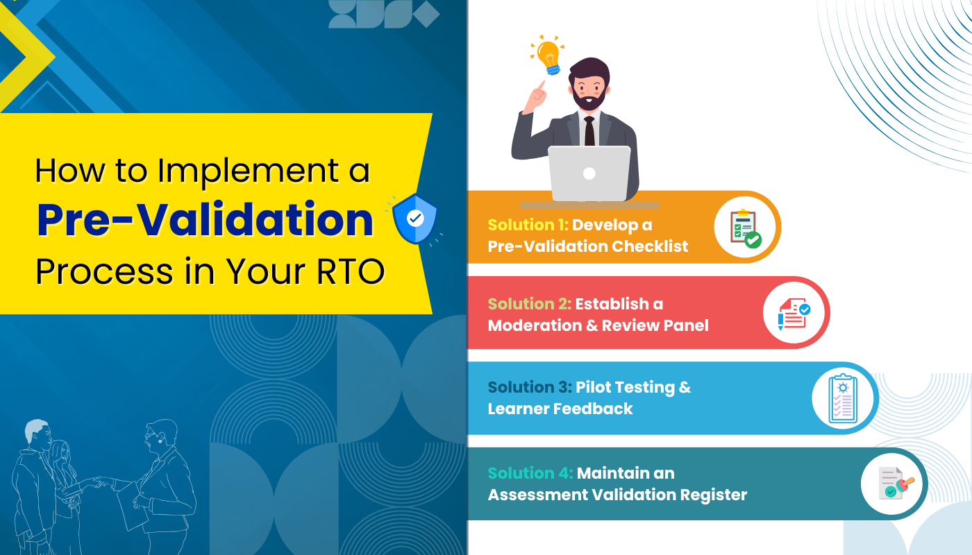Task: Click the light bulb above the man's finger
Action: pos(548,55)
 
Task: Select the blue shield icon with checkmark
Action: pos(414,219)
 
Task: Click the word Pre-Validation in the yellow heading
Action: pos(205,220)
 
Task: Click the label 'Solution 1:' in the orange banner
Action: pos(528,225)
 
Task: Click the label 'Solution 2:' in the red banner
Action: pos(529,304)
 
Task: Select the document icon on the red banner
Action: pos(794,314)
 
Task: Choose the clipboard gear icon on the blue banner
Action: pos(842,398)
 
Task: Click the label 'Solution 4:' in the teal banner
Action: pos(530,473)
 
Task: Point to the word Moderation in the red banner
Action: pos(533,325)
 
